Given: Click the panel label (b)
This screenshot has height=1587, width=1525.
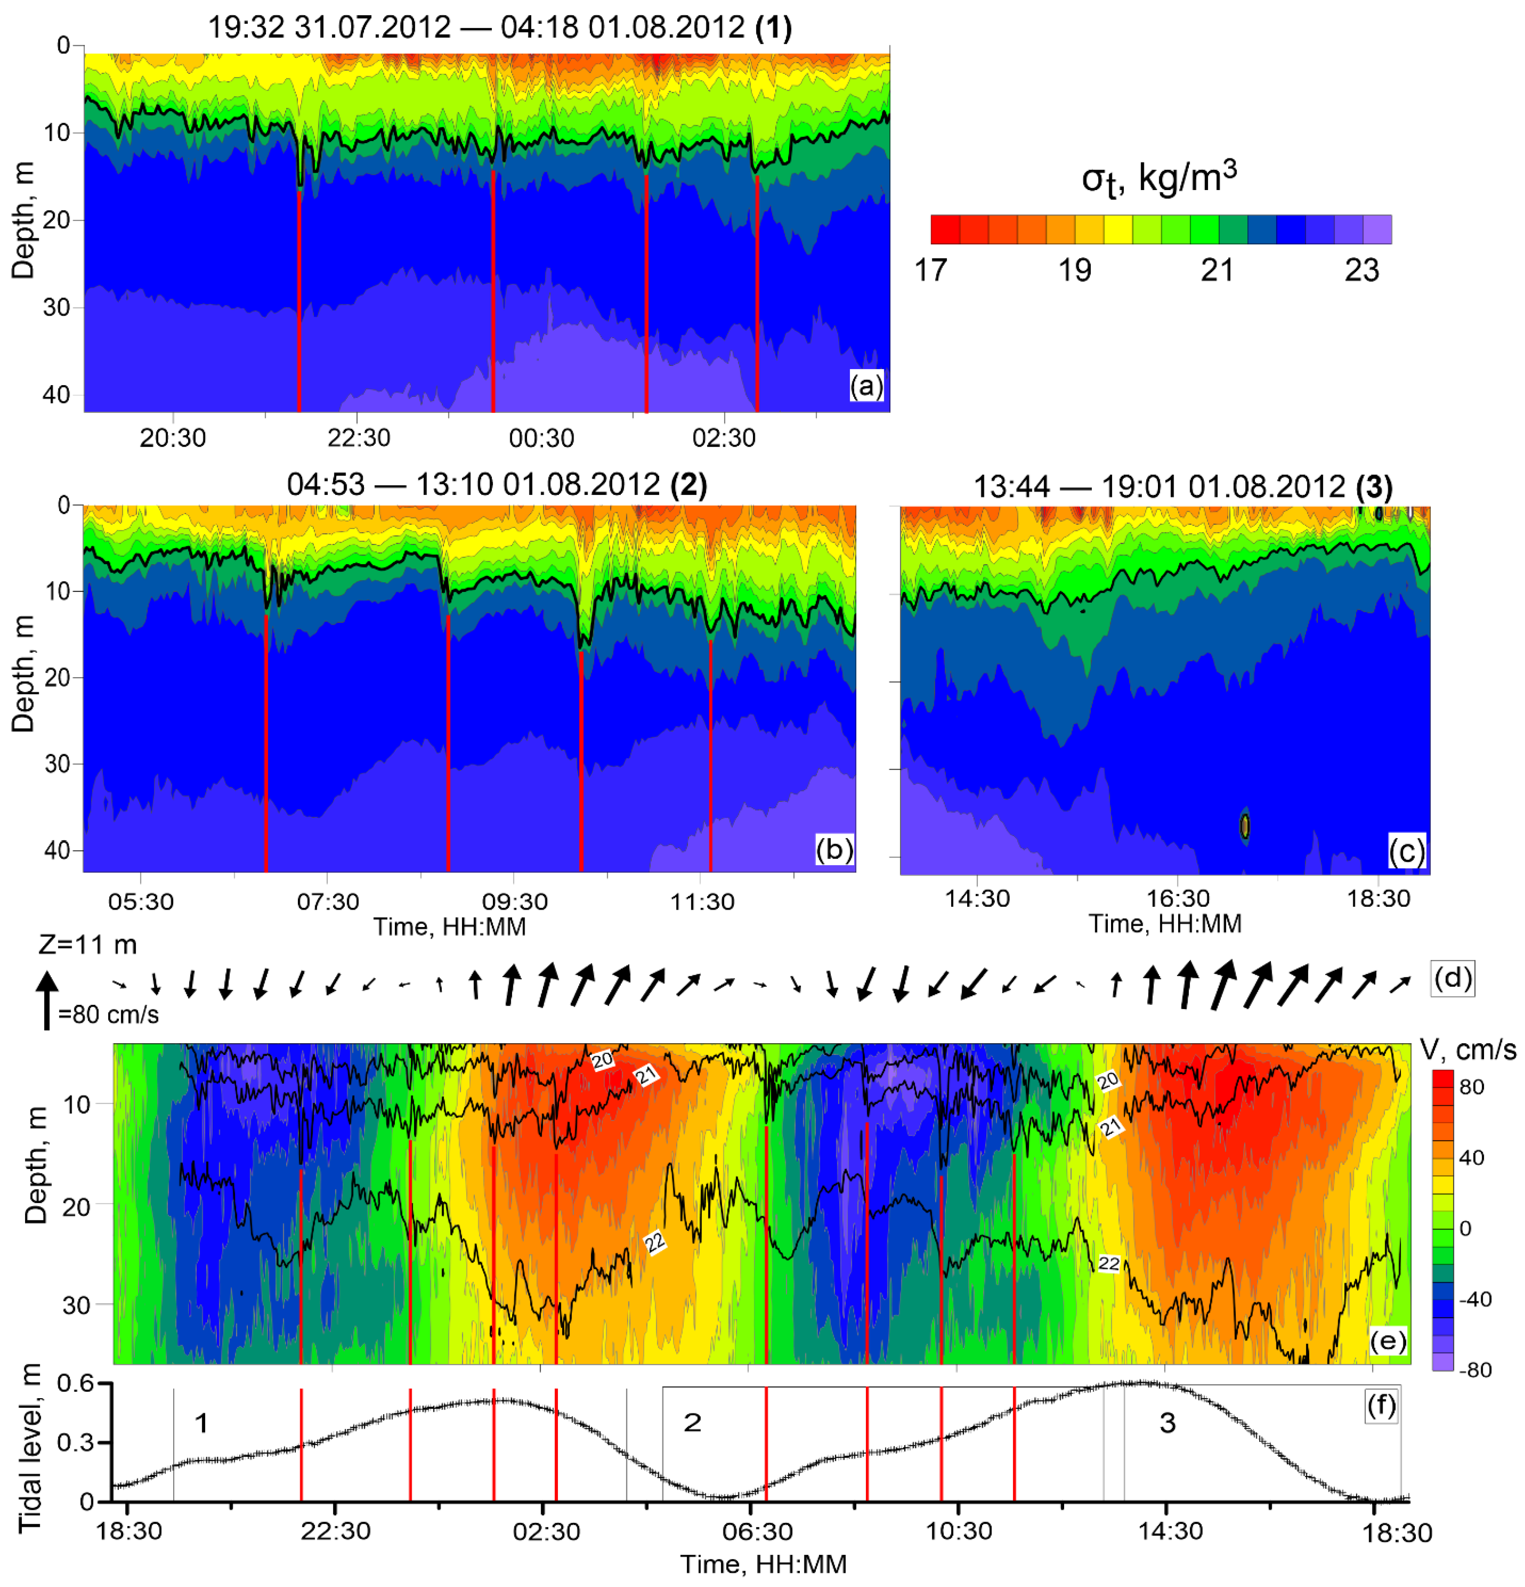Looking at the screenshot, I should coord(834,850).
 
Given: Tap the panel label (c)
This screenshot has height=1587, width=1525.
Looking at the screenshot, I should coord(1407,852).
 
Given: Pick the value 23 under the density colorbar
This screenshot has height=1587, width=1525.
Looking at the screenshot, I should coord(1362,271).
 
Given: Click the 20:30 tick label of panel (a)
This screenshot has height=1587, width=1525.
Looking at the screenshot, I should coord(172,438).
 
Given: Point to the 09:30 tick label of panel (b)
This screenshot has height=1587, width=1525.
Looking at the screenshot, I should coord(515,901).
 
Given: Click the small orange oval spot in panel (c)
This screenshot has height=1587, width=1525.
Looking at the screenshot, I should coord(1245,826).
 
